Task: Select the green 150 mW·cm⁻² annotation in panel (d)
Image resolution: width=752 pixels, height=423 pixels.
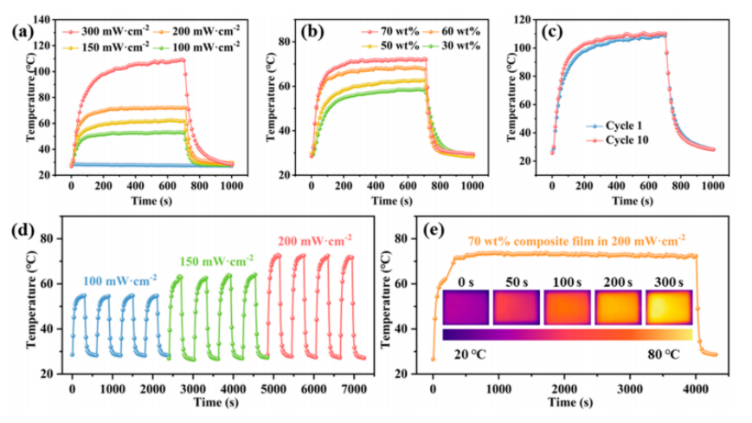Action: click(x=215, y=261)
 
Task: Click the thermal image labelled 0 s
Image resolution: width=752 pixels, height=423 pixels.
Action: click(x=466, y=308)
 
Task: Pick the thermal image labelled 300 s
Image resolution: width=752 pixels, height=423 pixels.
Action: click(x=667, y=308)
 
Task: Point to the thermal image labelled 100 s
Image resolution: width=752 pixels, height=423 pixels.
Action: click(x=567, y=308)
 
